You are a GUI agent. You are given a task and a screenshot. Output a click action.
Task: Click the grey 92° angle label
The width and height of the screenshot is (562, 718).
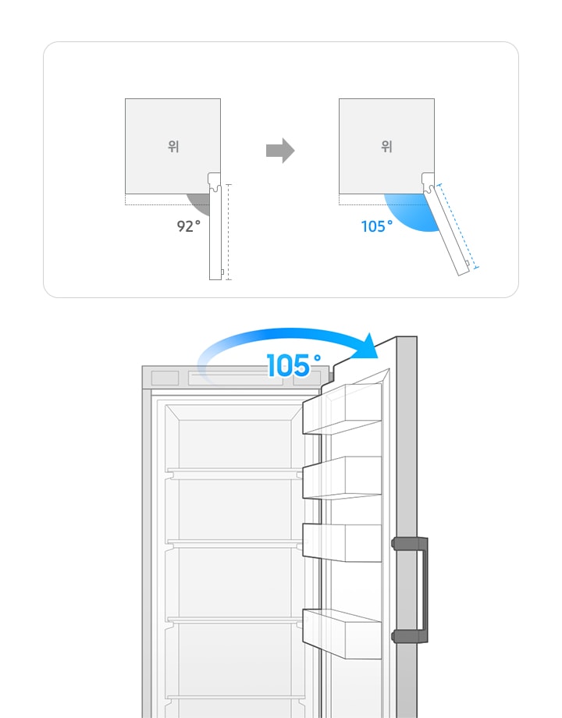189,226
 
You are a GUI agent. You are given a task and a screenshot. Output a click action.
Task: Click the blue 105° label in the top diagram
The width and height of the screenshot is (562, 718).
376,226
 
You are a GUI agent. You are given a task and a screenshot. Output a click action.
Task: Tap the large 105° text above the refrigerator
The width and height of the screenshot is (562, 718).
293,365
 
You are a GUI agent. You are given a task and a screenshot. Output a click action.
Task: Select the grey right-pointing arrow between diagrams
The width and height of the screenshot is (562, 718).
280,150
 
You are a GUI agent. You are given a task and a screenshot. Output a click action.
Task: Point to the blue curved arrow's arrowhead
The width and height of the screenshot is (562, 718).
368,347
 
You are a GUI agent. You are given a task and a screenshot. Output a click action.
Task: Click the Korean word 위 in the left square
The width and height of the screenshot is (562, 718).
173,147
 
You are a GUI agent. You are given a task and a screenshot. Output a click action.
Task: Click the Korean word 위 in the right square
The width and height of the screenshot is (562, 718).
387,147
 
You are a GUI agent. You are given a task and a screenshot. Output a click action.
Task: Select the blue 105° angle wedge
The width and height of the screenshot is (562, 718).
411,211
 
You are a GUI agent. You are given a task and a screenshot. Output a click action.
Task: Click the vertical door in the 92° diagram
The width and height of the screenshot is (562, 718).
215,232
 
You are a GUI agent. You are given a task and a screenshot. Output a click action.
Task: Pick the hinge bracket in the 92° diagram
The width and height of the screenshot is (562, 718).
215,182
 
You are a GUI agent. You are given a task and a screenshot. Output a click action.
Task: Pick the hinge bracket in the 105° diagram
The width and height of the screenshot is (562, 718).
429,182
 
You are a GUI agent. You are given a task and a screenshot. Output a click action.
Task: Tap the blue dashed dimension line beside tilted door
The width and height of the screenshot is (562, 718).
457,226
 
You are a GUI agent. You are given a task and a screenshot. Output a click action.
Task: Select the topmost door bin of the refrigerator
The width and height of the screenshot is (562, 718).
342,409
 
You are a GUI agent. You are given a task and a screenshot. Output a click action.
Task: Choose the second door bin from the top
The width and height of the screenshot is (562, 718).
342,478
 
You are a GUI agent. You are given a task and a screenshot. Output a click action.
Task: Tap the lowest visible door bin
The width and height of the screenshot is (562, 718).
342,634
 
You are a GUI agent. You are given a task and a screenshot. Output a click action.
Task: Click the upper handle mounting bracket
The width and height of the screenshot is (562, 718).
410,544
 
